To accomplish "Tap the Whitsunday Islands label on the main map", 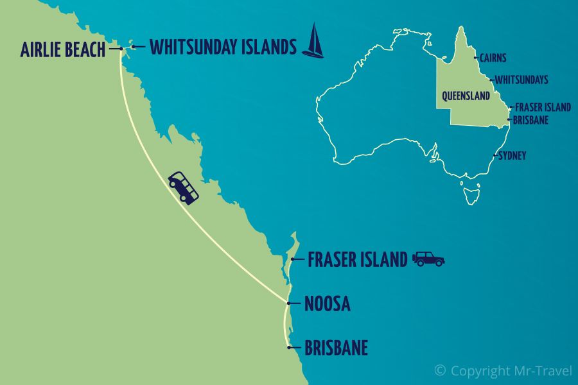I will pyautogui.click(x=223, y=47).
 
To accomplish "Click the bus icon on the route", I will pyautogui.click(x=183, y=187).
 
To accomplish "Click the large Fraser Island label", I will pyautogui.click(x=357, y=259).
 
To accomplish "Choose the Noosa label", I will pyautogui.click(x=328, y=303).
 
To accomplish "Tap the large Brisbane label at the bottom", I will pyautogui.click(x=336, y=348).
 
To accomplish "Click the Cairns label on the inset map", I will pyautogui.click(x=493, y=58).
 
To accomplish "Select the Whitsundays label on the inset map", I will pyautogui.click(x=521, y=80).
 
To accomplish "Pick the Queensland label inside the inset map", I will pyautogui.click(x=466, y=96).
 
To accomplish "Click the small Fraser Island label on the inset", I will pyautogui.click(x=543, y=107).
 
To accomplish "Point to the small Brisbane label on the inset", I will pyautogui.click(x=530, y=119).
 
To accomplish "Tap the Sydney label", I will pyautogui.click(x=512, y=155).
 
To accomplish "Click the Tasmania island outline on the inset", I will pyautogui.click(x=471, y=192).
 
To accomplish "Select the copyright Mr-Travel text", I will pyautogui.click(x=503, y=370).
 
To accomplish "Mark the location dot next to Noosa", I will pyautogui.click(x=290, y=303).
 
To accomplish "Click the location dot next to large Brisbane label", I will pyautogui.click(x=290, y=348).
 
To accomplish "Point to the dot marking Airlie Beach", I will pyautogui.click(x=121, y=49).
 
